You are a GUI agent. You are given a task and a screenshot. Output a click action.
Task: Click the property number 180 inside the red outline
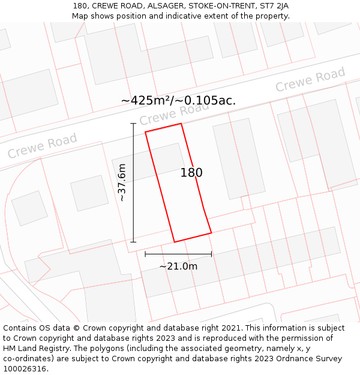coord(191,173)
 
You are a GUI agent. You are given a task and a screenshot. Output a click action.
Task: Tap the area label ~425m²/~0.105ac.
coord(178,100)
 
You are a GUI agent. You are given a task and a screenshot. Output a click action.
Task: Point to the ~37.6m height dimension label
coord(122,182)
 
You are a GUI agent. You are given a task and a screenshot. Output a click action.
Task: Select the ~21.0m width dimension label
coord(178,266)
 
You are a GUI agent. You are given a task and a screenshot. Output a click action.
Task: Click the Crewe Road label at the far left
coord(43,146)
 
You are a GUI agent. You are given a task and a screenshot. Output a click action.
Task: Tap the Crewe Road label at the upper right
coord(310,80)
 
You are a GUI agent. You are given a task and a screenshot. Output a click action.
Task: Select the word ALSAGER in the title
coord(162,6)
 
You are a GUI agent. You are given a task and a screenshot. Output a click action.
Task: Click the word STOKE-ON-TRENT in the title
coord(218,6)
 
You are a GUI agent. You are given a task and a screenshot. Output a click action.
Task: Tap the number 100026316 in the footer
coord(24,369)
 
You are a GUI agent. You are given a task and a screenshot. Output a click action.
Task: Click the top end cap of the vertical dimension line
coord(133,124)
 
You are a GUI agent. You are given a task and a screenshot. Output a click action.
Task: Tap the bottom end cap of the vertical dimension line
coord(133,242)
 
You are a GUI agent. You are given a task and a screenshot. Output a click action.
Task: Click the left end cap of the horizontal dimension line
coord(145,254)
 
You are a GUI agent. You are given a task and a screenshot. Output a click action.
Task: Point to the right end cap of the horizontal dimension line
coord(211,254)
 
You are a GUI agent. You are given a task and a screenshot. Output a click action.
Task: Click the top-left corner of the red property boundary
coord(146,132)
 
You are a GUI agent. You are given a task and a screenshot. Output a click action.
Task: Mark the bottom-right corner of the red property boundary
coord(211,233)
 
